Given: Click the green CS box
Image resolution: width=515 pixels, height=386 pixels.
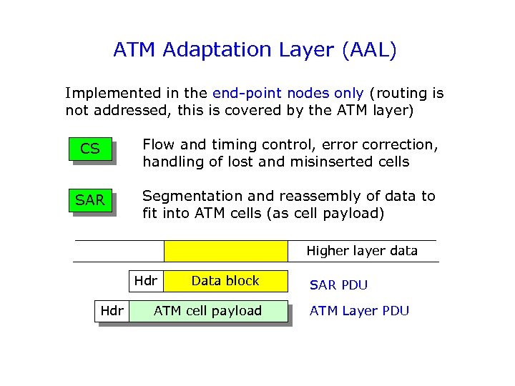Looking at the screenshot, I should point(90,149).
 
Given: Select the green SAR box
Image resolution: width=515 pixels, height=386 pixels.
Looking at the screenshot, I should point(90,201).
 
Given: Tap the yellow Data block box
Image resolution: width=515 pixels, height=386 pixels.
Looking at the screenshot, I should point(225,281).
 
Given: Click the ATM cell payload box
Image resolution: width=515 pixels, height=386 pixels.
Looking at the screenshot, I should point(207,311).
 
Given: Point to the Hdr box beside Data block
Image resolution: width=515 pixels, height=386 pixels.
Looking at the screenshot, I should point(146,281).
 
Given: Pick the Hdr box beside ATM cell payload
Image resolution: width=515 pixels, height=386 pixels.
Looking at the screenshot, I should point(112,311).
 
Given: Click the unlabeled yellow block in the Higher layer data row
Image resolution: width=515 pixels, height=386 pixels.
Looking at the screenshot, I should point(225,251).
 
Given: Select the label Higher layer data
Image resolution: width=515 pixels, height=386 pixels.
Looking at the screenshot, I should point(362,251).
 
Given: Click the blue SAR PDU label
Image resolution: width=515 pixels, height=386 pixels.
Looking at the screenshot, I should point(338,285).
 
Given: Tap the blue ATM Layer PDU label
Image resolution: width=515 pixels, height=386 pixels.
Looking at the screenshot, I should point(359,311).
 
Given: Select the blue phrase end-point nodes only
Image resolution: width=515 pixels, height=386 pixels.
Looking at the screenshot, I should point(288,93).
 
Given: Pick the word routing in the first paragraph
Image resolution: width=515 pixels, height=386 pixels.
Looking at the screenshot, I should point(401,93).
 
